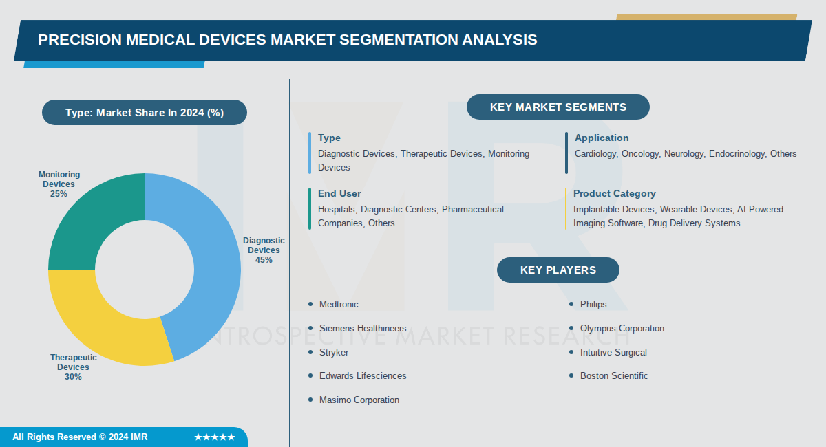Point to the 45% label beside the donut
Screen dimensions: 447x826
(264, 260)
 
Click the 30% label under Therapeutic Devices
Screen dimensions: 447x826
(73, 377)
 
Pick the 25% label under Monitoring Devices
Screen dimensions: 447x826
(59, 194)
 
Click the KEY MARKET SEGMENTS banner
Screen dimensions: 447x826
(558, 107)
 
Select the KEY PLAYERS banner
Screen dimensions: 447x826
(558, 270)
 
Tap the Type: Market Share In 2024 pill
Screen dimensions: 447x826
(144, 113)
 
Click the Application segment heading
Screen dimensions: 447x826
(602, 138)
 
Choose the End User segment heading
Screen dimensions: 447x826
(339, 193)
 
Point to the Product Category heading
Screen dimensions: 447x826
(614, 193)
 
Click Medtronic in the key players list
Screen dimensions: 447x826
(339, 304)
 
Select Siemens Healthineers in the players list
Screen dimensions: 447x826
(363, 328)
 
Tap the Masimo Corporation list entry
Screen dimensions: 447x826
(359, 400)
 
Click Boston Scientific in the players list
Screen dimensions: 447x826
(614, 375)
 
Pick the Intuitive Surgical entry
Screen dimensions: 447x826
(613, 352)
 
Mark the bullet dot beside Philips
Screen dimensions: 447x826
(571, 304)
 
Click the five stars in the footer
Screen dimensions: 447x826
(214, 437)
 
